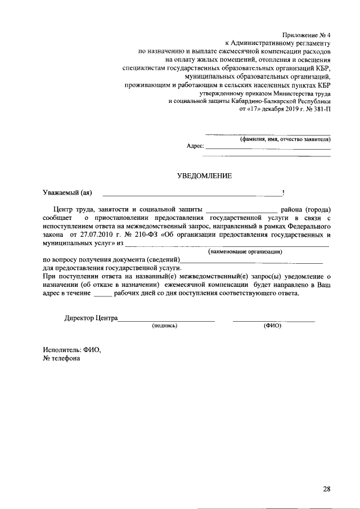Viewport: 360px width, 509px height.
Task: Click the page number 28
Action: [x=326, y=489]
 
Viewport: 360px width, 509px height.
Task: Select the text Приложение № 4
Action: [x=307, y=34]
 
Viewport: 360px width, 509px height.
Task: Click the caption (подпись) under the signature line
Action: [x=165, y=326]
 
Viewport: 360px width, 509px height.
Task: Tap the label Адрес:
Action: [x=195, y=145]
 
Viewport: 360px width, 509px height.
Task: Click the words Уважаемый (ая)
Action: [x=67, y=193]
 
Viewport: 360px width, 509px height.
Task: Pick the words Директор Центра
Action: [x=91, y=318]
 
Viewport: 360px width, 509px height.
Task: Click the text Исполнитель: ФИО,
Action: [x=71, y=349]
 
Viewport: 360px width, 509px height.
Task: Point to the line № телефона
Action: [x=61, y=358]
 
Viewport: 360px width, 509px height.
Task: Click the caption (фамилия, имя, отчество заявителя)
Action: [x=285, y=138]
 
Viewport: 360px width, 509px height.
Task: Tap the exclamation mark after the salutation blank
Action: [x=283, y=193]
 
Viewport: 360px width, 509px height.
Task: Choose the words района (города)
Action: [x=305, y=209]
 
